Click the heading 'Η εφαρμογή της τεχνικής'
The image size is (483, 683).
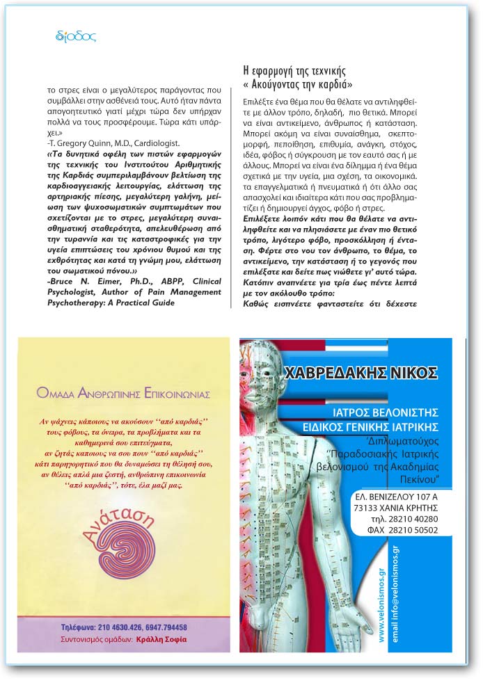(293, 71)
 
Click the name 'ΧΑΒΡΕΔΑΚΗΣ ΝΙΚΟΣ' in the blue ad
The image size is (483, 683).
(361, 370)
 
